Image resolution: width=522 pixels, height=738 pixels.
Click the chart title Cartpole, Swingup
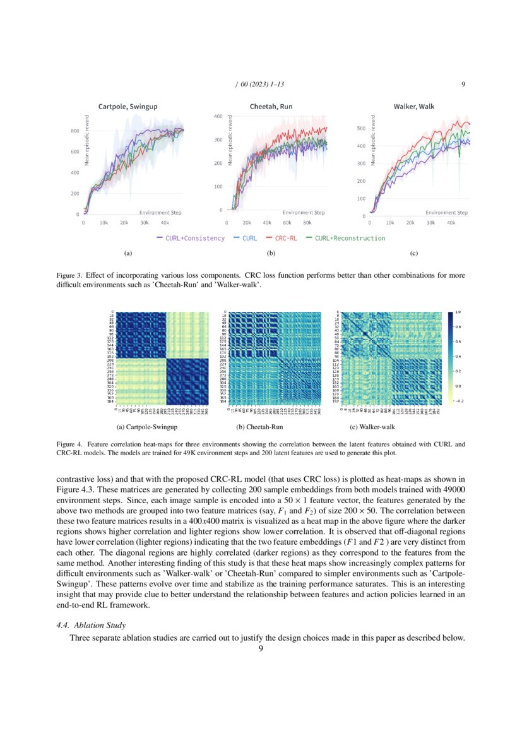[128, 107]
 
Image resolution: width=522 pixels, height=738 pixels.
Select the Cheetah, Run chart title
[271, 107]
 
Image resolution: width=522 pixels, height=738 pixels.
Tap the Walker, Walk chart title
[413, 107]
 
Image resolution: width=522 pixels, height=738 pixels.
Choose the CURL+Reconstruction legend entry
[350, 238]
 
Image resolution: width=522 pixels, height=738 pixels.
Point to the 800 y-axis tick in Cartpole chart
[74, 131]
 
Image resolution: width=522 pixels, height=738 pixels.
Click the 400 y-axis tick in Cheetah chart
[218, 117]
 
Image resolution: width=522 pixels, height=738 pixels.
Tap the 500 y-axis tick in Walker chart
[362, 128]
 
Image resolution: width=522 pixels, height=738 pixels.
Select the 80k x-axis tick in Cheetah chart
[307, 223]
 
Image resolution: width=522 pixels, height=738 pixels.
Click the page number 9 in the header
[463, 84]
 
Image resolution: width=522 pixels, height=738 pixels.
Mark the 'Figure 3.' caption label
[69, 276]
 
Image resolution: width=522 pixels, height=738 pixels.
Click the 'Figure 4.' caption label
[69, 444]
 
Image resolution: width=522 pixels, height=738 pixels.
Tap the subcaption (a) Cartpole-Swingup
[151, 427]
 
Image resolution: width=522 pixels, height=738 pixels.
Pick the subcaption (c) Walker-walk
[372, 427]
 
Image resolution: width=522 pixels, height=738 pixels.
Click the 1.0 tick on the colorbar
[458, 312]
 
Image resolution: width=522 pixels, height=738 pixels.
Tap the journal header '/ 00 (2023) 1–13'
[259, 84]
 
